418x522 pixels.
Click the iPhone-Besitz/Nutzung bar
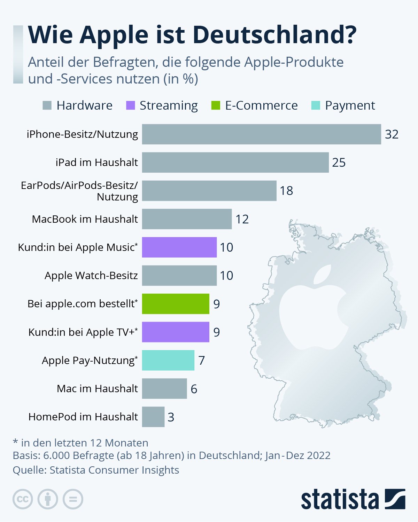[261, 134]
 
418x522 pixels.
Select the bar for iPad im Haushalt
[235, 163]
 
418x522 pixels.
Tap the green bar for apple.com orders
[176, 304]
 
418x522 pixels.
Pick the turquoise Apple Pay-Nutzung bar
[168, 360]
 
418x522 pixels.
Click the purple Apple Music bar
[179, 247]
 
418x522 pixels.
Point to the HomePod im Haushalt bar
[153, 417]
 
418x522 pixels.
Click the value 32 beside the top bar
[392, 134]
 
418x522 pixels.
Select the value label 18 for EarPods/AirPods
[286, 191]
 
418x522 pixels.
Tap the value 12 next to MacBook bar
[242, 219]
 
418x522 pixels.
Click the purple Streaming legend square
[130, 105]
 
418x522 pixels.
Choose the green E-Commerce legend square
[216, 105]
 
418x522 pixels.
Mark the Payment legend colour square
[316, 105]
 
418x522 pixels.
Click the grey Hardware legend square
[47, 105]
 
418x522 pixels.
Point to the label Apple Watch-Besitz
[91, 276]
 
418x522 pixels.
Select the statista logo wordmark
[340, 500]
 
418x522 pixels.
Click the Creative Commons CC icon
[23, 499]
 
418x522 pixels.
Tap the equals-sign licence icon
[73, 499]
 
